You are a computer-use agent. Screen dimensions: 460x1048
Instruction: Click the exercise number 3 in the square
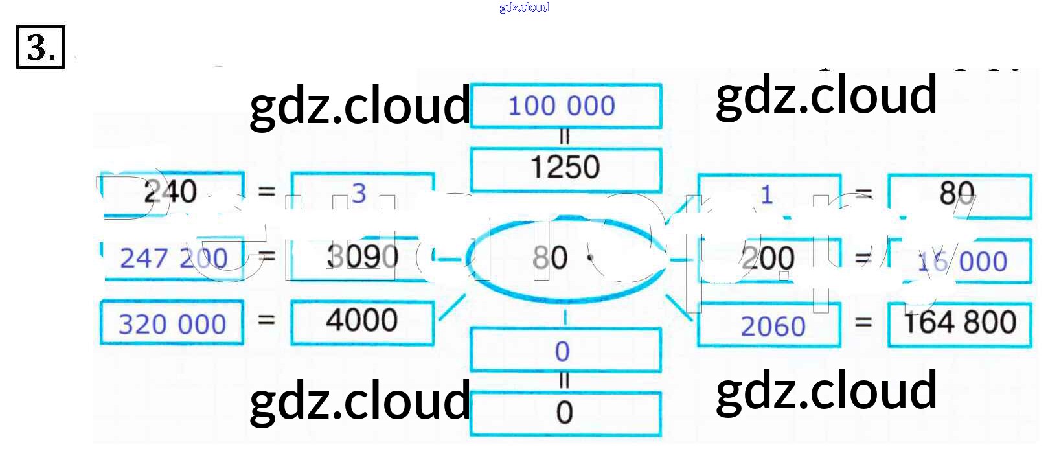click(40, 47)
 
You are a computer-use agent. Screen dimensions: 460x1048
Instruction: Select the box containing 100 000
click(565, 106)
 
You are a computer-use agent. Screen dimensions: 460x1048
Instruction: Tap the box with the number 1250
click(565, 168)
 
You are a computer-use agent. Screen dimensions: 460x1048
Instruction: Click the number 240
click(170, 192)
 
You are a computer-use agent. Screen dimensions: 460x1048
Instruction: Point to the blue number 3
click(359, 192)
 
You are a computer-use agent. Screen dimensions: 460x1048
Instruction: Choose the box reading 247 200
click(173, 259)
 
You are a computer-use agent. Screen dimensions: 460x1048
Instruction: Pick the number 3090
click(362, 257)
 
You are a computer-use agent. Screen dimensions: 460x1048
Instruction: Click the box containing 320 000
click(172, 323)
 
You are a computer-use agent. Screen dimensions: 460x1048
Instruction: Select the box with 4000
click(361, 320)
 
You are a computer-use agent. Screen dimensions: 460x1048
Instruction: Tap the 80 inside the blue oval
click(550, 258)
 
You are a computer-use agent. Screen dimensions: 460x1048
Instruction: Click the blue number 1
click(767, 194)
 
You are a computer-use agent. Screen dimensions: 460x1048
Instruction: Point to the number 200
click(768, 259)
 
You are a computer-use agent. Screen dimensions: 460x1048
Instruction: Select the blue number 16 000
click(962, 261)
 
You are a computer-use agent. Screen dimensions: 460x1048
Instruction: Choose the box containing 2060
click(773, 326)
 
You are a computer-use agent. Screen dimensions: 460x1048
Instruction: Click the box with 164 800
click(959, 323)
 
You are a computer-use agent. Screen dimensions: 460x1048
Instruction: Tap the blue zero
click(562, 351)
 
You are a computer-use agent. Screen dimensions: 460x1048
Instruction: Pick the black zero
click(564, 413)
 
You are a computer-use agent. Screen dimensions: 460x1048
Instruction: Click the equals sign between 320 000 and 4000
click(267, 319)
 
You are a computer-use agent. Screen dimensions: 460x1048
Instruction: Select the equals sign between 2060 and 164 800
click(863, 322)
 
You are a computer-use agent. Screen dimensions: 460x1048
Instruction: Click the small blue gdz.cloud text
click(524, 7)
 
